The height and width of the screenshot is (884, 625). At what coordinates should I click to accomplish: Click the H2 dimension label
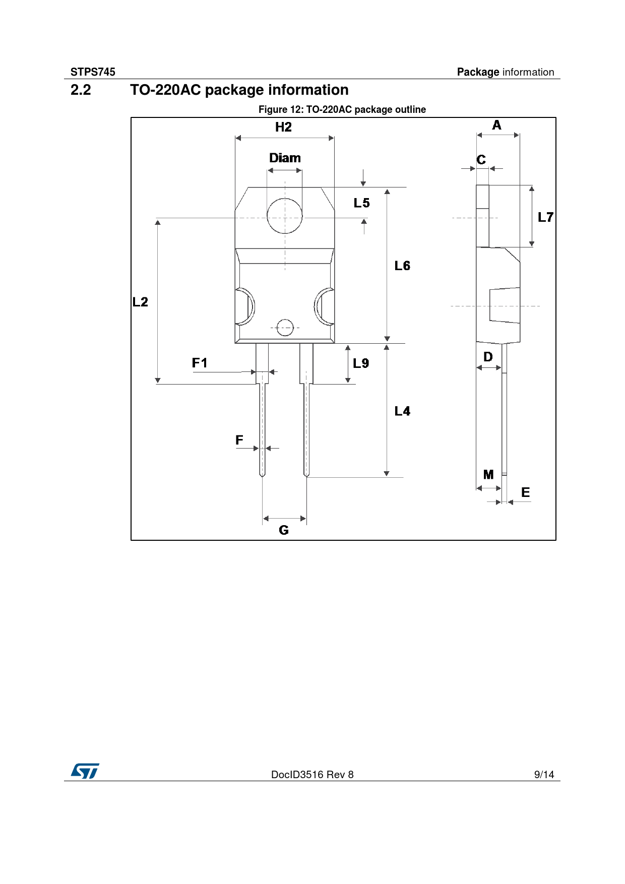pyautogui.click(x=283, y=127)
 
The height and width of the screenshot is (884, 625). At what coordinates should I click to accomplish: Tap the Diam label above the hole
pyautogui.click(x=285, y=158)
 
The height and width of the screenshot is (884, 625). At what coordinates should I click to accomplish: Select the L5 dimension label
pyautogui.click(x=361, y=203)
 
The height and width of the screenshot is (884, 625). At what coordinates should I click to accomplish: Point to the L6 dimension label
pyautogui.click(x=402, y=266)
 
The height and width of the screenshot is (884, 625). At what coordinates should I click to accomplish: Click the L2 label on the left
pyautogui.click(x=140, y=302)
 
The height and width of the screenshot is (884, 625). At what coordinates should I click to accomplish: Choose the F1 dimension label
pyautogui.click(x=200, y=363)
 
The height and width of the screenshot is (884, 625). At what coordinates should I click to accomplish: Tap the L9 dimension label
pyautogui.click(x=361, y=363)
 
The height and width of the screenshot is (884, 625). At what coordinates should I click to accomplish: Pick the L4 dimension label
pyautogui.click(x=402, y=411)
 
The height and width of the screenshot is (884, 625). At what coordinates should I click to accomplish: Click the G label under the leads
pyautogui.click(x=284, y=530)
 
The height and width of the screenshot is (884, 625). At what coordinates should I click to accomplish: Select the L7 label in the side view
pyautogui.click(x=545, y=217)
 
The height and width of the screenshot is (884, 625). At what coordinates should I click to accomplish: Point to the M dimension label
pyautogui.click(x=488, y=475)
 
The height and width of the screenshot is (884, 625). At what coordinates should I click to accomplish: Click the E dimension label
pyautogui.click(x=525, y=492)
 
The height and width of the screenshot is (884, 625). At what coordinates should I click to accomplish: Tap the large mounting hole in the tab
pyautogui.click(x=285, y=216)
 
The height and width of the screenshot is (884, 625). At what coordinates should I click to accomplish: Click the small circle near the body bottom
pyautogui.click(x=285, y=328)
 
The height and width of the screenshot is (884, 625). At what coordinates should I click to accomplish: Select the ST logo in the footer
pyautogui.click(x=85, y=771)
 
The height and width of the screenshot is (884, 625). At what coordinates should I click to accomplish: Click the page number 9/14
pyautogui.click(x=544, y=775)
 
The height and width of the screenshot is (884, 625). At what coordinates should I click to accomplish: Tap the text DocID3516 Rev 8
pyautogui.click(x=312, y=775)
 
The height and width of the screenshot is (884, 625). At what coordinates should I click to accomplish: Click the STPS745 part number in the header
pyautogui.click(x=93, y=72)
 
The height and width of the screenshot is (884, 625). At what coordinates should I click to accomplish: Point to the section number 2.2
pyautogui.click(x=81, y=90)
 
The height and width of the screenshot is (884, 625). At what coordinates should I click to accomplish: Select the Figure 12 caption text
pyautogui.click(x=342, y=109)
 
